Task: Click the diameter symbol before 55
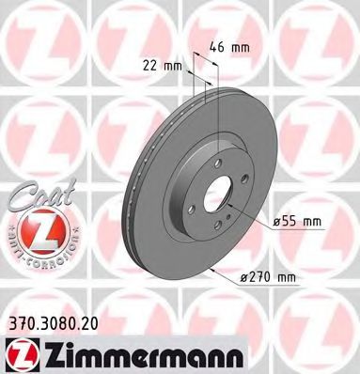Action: point(278,222)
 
